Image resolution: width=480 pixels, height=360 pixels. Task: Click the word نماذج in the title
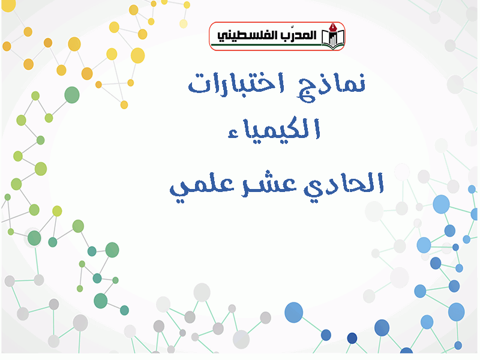point(331,86)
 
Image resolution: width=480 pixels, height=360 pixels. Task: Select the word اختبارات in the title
point(236,83)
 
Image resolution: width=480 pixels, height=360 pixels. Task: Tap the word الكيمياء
point(274,128)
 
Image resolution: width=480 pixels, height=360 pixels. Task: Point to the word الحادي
point(343,184)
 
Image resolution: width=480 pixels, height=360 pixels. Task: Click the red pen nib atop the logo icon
point(334,27)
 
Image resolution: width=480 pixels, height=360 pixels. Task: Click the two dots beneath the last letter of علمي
point(181,201)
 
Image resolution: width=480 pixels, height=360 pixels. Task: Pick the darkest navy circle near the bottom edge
point(352,338)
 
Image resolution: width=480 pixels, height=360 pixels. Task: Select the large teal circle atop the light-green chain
point(72,95)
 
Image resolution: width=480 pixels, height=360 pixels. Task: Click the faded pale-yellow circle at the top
point(184,23)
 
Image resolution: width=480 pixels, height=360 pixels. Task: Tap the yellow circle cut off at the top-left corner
point(8,5)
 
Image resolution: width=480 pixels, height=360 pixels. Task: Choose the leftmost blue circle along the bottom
point(294,313)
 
